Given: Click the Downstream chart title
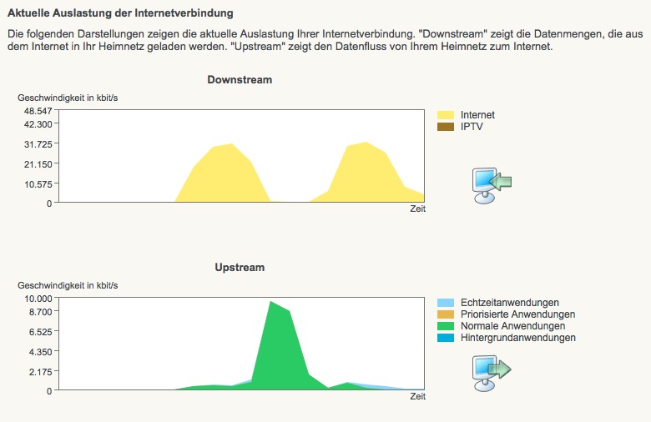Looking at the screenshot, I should coord(240,80).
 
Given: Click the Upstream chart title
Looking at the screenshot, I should coord(240,268).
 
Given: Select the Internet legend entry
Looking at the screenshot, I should coord(477,115).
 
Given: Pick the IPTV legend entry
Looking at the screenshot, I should coord(472,127).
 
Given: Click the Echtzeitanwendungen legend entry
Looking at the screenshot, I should coord(509,302).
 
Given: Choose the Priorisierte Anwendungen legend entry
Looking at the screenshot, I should coord(517,314).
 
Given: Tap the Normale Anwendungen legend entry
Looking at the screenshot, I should coord(512,326).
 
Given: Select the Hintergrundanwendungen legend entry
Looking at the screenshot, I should coord(517,338).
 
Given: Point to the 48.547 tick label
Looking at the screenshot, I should coord(38,111).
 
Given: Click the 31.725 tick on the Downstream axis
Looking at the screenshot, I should coord(38,143).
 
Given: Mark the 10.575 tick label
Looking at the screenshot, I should coord(38,183).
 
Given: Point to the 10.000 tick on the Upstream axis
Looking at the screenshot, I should coord(38,298).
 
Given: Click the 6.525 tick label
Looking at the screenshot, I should coord(41,331).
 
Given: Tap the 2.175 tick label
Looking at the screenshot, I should coord(41,371).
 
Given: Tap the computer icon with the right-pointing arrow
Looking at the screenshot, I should coord(491,372).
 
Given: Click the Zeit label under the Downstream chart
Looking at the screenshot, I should coord(417,209).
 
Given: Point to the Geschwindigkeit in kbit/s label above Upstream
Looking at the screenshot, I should coord(68,285).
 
